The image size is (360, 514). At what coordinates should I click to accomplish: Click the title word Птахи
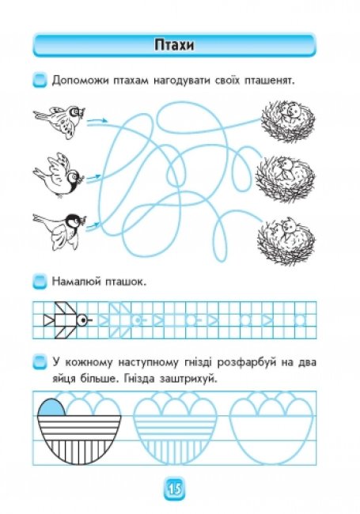(x=174, y=44)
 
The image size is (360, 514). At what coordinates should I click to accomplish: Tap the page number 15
(x=175, y=489)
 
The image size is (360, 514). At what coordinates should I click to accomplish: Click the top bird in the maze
(x=59, y=120)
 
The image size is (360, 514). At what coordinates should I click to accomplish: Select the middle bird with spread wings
(x=59, y=176)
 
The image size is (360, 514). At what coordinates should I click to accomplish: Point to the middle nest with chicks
(x=286, y=179)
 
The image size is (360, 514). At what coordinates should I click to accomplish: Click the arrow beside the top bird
(x=97, y=122)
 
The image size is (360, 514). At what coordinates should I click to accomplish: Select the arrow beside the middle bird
(x=93, y=179)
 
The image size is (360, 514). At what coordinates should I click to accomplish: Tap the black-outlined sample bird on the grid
(x=68, y=320)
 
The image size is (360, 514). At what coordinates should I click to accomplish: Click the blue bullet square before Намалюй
(x=40, y=282)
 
